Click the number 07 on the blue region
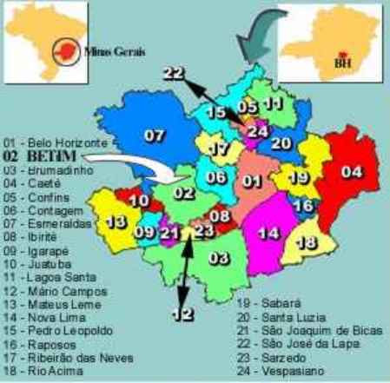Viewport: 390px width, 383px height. pos(154,135)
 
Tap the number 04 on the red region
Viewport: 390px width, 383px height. pos(351,171)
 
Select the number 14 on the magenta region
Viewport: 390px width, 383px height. pos(270,232)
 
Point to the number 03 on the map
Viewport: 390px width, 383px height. pos(219,257)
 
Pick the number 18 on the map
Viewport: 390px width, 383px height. pos(306,241)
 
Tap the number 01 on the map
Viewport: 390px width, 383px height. pos(252,182)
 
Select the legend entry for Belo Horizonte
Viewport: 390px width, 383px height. pos(55,141)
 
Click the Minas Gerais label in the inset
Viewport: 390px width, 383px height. pos(116,50)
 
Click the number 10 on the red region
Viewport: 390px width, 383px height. pos(139,201)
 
